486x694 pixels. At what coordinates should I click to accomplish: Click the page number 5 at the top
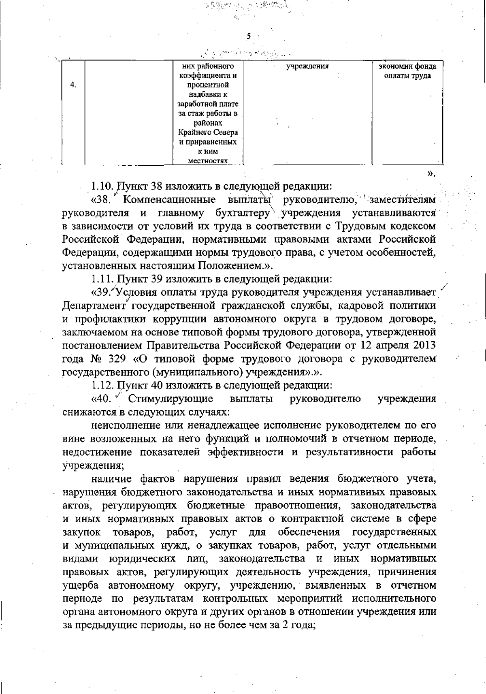pos(249,36)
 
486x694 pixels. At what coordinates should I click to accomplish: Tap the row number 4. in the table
pos(73,85)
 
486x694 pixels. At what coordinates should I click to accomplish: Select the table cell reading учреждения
pos(307,66)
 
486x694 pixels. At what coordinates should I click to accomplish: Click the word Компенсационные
pos(169,200)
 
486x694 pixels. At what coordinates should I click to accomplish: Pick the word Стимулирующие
pos(171,399)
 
